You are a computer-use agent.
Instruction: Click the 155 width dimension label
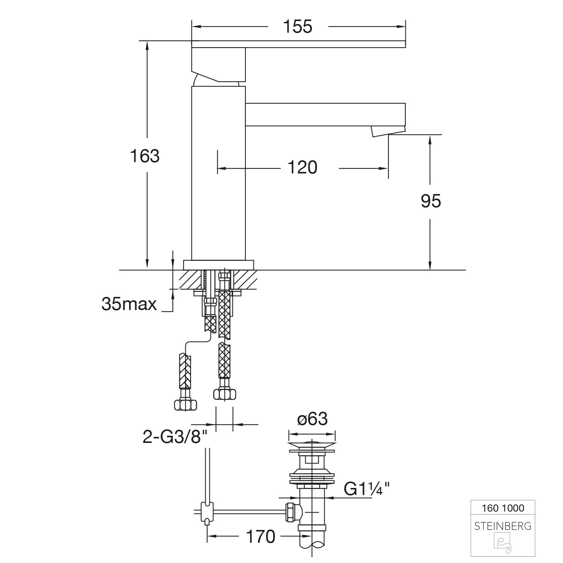click(298, 27)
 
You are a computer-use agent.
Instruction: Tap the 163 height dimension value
click(145, 156)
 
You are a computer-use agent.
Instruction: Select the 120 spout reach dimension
click(302, 167)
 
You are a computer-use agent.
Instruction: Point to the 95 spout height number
click(431, 201)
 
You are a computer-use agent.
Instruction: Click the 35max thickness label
click(129, 304)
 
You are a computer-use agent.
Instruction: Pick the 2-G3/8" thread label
click(175, 437)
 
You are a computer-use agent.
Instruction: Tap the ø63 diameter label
click(312, 419)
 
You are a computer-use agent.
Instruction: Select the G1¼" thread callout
click(367, 489)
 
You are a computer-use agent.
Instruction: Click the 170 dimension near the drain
click(260, 536)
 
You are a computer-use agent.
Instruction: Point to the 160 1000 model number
click(503, 508)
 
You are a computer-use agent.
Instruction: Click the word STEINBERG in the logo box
click(503, 526)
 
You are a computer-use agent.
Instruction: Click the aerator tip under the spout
click(388, 131)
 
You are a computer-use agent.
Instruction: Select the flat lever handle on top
click(298, 44)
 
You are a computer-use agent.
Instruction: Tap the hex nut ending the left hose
click(185, 404)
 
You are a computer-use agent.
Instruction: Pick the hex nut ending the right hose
click(224, 394)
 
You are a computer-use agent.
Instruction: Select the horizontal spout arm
click(325, 114)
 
